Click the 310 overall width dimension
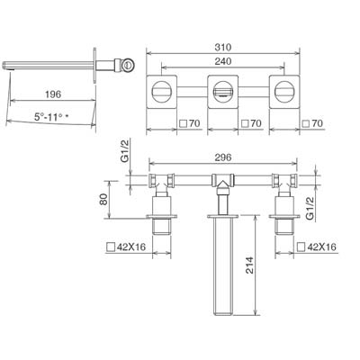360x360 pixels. tap(223, 48)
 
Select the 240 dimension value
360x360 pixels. tap(223, 61)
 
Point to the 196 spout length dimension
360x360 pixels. tap(53, 94)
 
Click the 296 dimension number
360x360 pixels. tap(223, 157)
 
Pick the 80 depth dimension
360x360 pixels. tap(103, 199)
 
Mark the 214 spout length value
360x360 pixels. tap(249, 265)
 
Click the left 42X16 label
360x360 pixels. tap(131, 247)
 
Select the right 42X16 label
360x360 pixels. tap(321, 247)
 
